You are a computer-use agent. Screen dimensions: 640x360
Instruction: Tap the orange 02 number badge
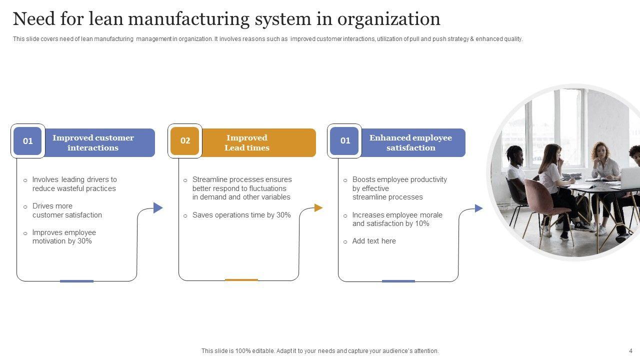[x=185, y=141]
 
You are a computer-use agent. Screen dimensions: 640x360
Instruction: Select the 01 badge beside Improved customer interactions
[x=28, y=141]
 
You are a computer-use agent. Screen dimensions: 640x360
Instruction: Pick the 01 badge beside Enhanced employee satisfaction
[x=345, y=141]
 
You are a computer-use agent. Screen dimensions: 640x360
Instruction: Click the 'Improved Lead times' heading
[x=247, y=142]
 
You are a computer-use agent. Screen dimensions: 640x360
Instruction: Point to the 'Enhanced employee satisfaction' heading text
[x=410, y=142]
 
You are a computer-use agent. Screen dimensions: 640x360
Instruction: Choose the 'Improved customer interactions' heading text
[x=93, y=142]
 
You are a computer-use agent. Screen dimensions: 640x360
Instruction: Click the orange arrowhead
[x=318, y=208]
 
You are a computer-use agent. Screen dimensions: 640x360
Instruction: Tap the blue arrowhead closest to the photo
[x=478, y=208]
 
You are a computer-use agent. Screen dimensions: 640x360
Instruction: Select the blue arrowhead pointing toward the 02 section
[x=158, y=207]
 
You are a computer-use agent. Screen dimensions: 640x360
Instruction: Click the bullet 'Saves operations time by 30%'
[x=241, y=215]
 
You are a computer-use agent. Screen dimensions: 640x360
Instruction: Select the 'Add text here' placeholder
[x=374, y=241]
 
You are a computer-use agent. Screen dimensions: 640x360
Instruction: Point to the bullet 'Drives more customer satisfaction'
[x=67, y=210]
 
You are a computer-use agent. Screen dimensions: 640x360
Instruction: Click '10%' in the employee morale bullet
[x=422, y=223]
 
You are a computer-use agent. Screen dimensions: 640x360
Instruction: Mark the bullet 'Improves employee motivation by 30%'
[x=64, y=236]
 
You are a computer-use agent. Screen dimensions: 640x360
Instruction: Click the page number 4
[x=630, y=351]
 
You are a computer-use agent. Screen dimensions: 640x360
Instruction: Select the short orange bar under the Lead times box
[x=241, y=280]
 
